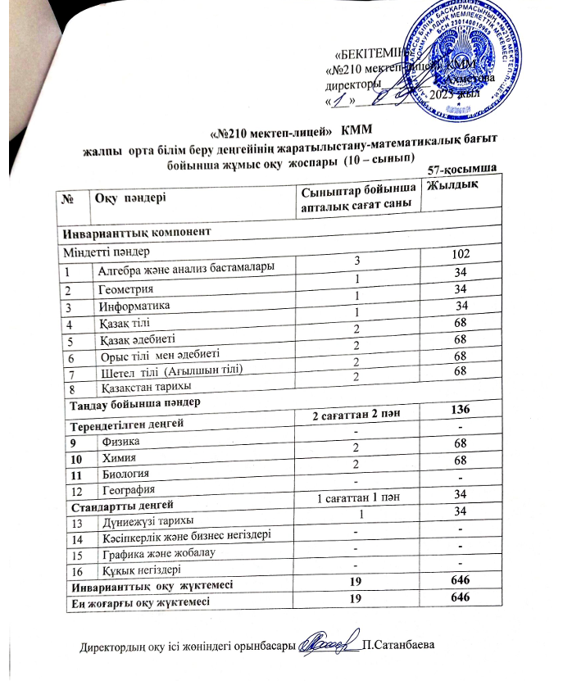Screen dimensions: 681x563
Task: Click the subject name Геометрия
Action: point(126,290)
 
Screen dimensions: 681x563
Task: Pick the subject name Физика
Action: point(120,439)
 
